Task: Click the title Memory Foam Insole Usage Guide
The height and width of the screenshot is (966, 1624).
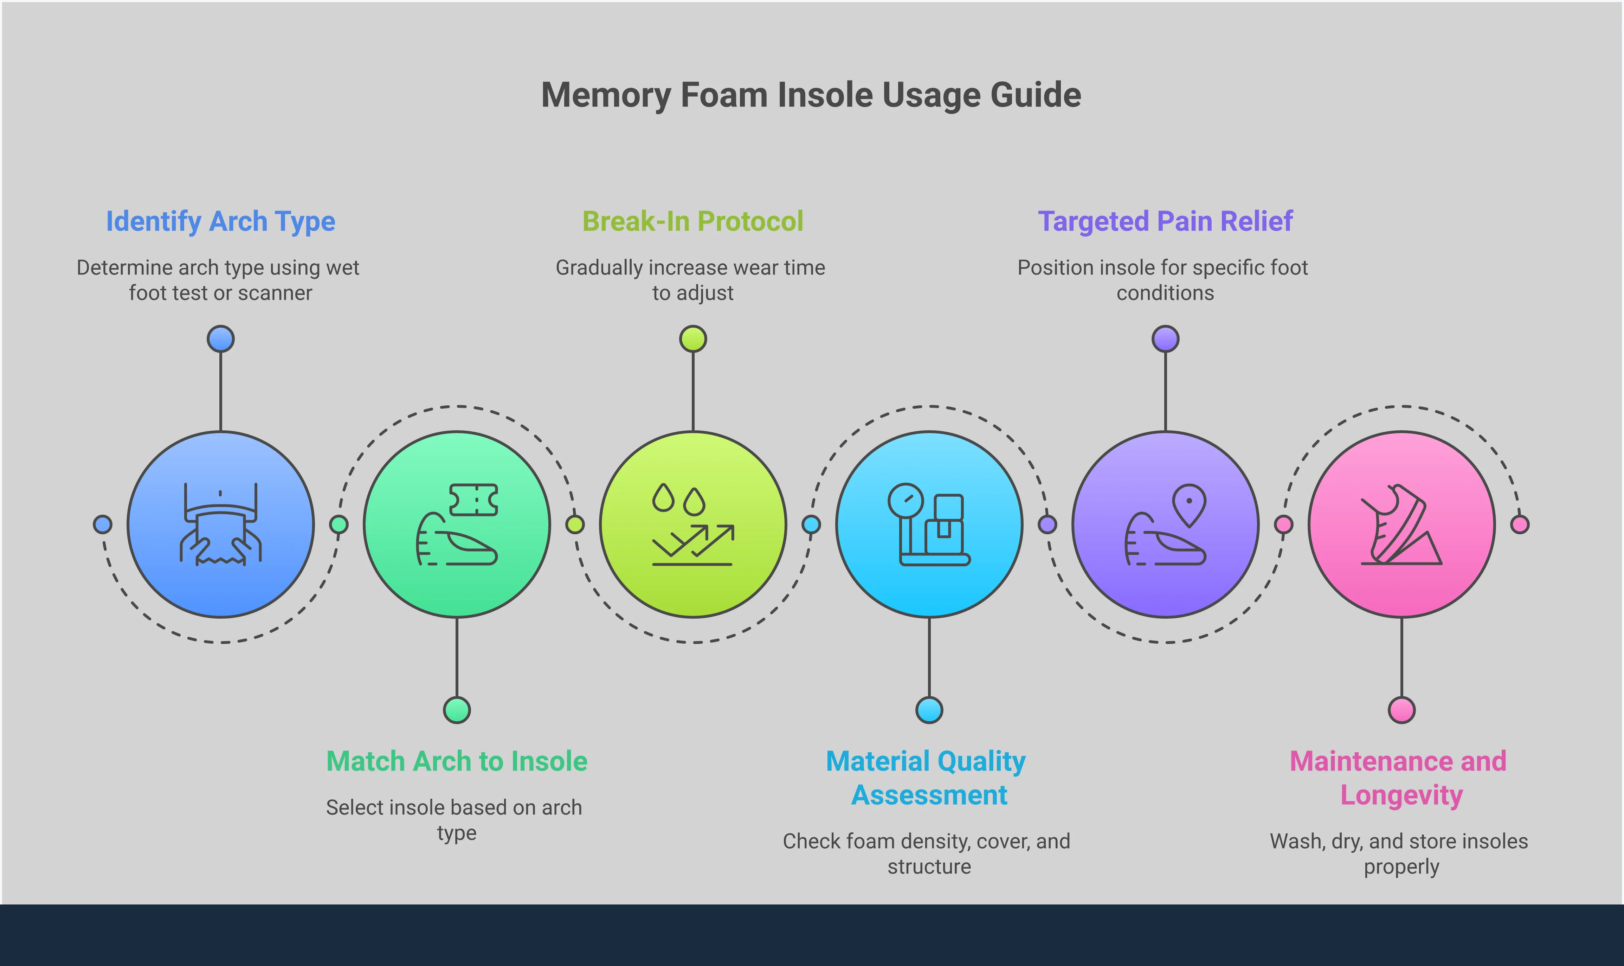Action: click(x=811, y=95)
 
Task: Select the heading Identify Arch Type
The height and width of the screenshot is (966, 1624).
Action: click(x=221, y=221)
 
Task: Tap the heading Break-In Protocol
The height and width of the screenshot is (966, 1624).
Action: click(x=692, y=221)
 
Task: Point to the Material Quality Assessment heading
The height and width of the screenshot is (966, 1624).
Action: click(x=928, y=778)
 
